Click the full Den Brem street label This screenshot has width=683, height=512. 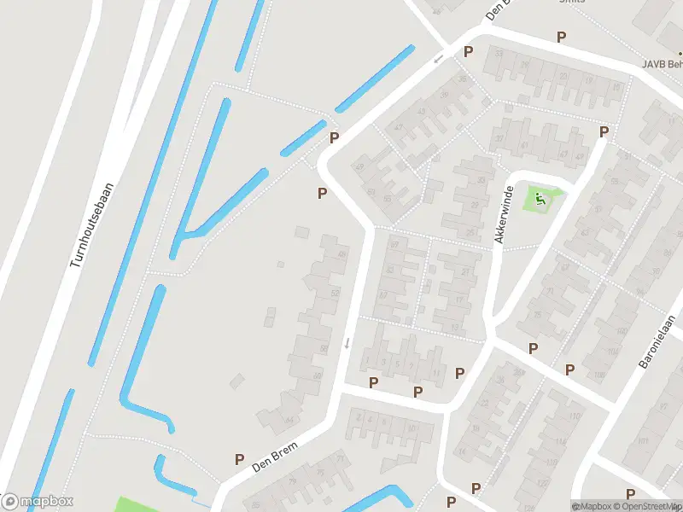pyautogui.click(x=273, y=462)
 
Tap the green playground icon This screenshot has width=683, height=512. pyautogui.click(x=539, y=200)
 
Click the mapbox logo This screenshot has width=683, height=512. pyautogui.click(x=38, y=502)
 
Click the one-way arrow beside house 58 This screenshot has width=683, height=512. pyautogui.click(x=347, y=343)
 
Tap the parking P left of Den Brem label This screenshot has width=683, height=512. pyautogui.click(x=239, y=459)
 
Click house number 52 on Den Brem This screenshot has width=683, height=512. pyautogui.click(x=335, y=294)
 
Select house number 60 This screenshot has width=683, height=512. pyautogui.click(x=318, y=376)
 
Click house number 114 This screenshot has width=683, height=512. pyautogui.click(x=559, y=442)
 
